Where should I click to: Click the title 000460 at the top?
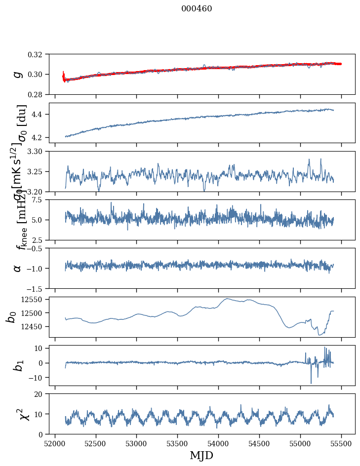[x=197, y=8]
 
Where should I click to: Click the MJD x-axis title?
[x=201, y=455]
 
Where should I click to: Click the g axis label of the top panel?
[x=18, y=74]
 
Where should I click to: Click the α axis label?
[x=18, y=268]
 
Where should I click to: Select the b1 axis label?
[x=18, y=365]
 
